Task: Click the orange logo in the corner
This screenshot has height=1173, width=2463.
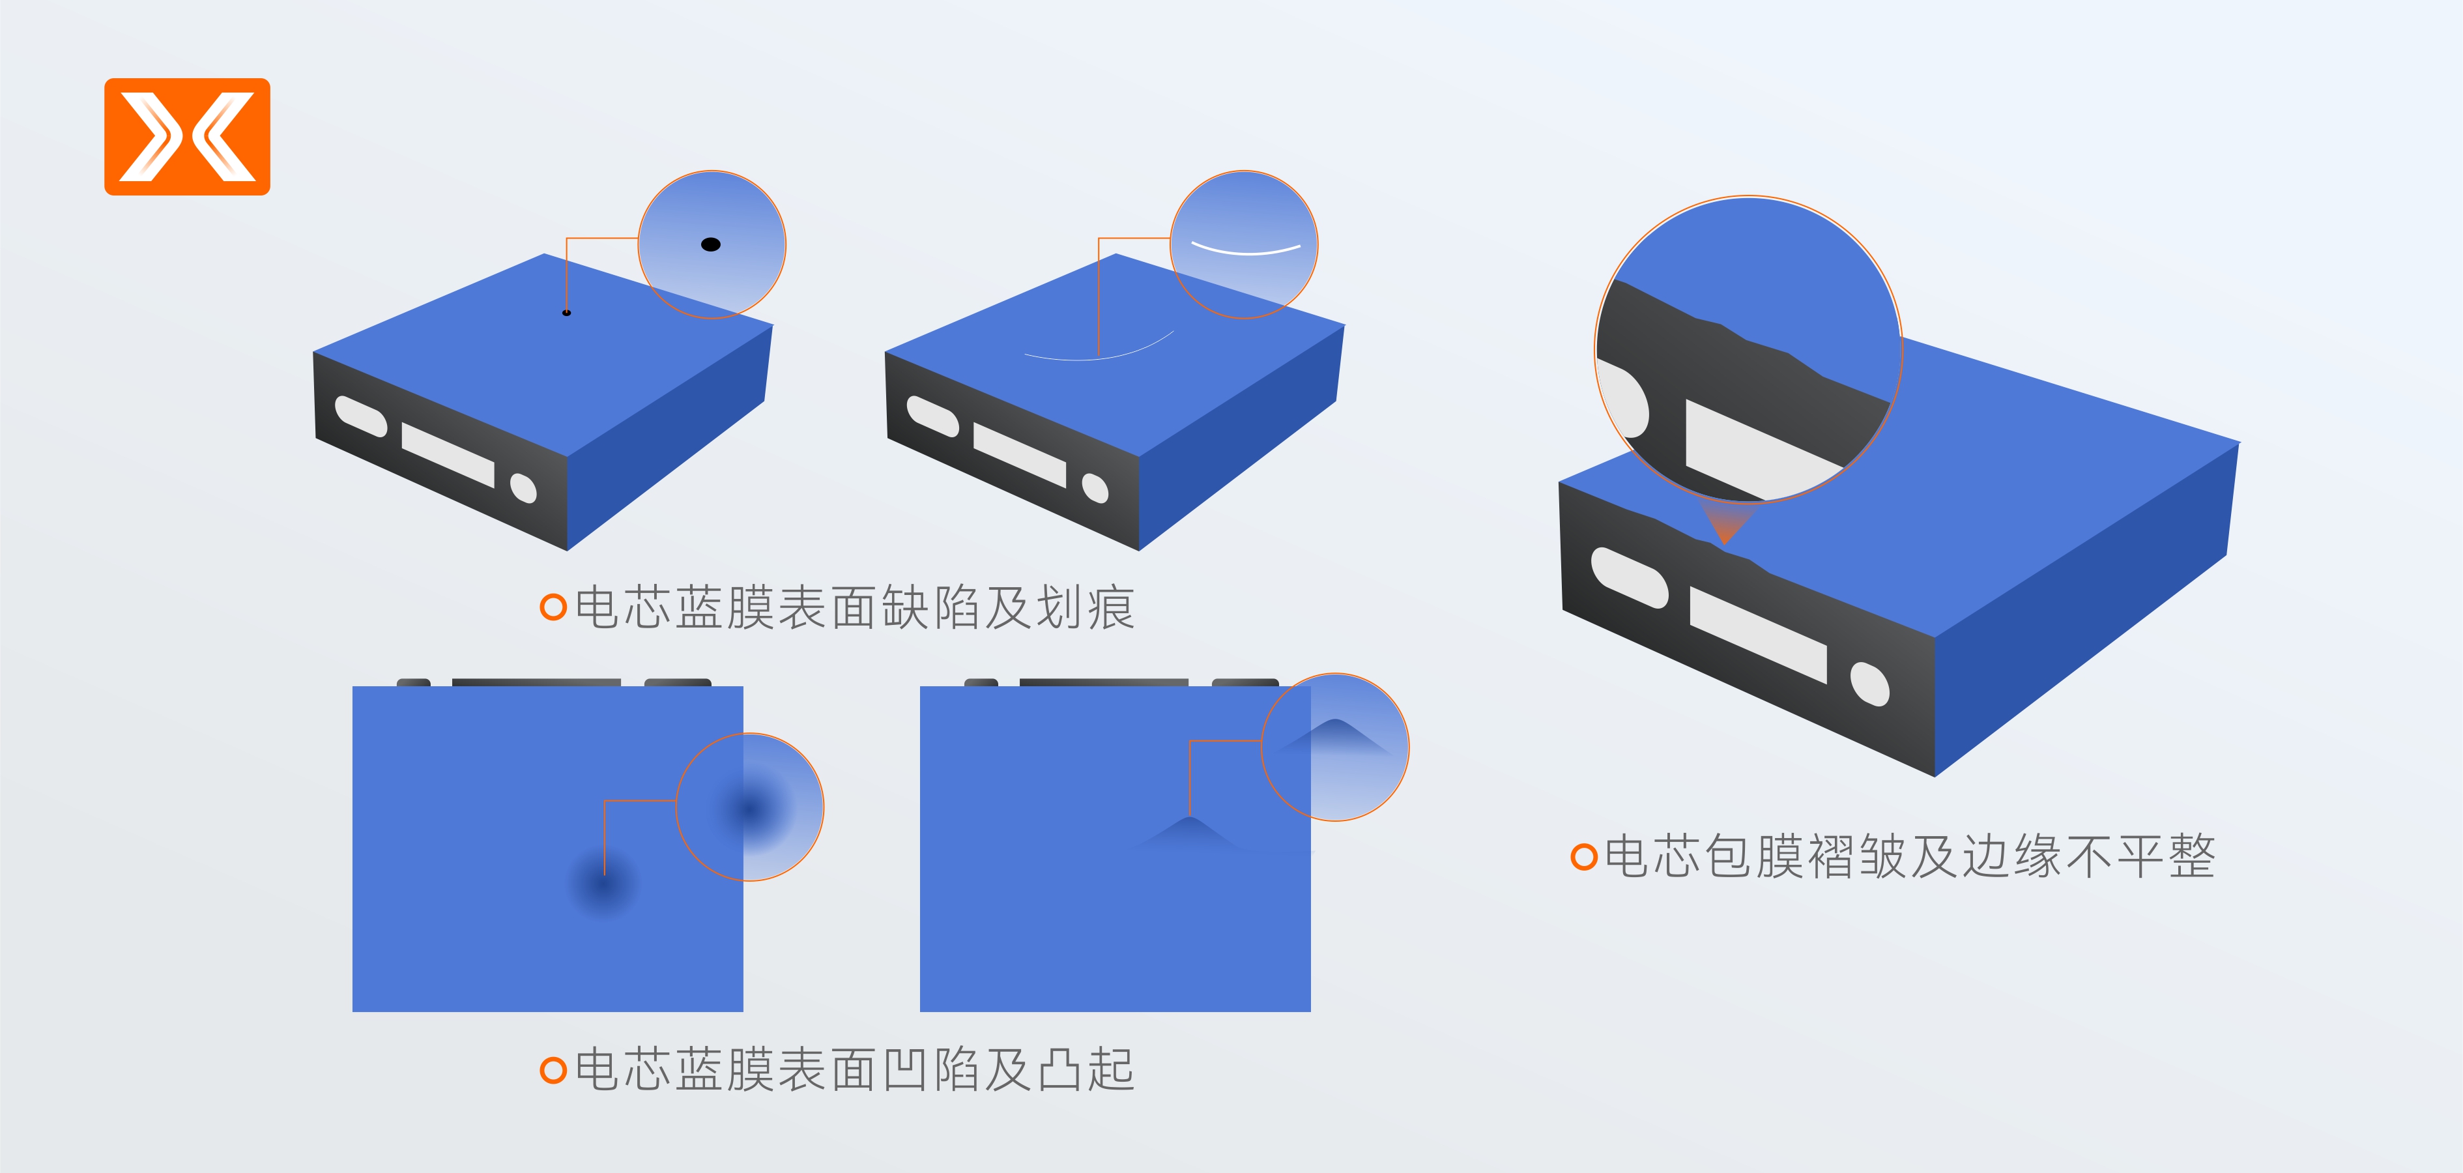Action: click(188, 137)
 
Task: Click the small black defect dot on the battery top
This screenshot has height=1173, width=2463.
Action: click(567, 313)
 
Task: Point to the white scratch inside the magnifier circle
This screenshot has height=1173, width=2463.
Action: click(1246, 250)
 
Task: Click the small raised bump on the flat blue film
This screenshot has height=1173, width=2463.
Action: click(1188, 831)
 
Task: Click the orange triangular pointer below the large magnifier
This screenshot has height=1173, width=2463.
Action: click(1726, 522)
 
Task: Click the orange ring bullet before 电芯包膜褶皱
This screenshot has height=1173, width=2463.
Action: click(1584, 856)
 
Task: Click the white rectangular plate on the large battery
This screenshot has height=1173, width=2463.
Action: click(1759, 635)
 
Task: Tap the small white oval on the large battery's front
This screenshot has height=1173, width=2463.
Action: click(1869, 684)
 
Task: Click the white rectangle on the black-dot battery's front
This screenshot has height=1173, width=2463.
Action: click(448, 455)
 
